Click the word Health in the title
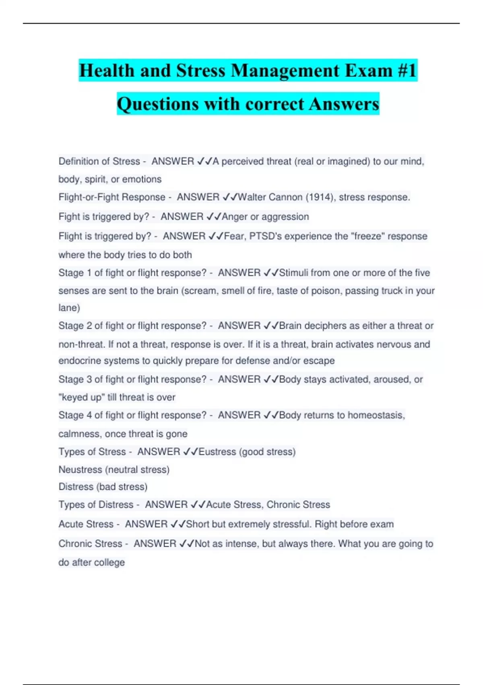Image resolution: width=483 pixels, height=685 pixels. (x=106, y=71)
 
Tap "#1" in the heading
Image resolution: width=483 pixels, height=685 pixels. (x=407, y=71)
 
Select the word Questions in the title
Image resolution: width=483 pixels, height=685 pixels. (x=158, y=104)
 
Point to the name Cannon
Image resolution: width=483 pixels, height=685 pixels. (x=285, y=197)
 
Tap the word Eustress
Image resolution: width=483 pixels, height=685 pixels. (x=217, y=452)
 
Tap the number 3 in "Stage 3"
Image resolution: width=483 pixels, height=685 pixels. (x=89, y=379)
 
